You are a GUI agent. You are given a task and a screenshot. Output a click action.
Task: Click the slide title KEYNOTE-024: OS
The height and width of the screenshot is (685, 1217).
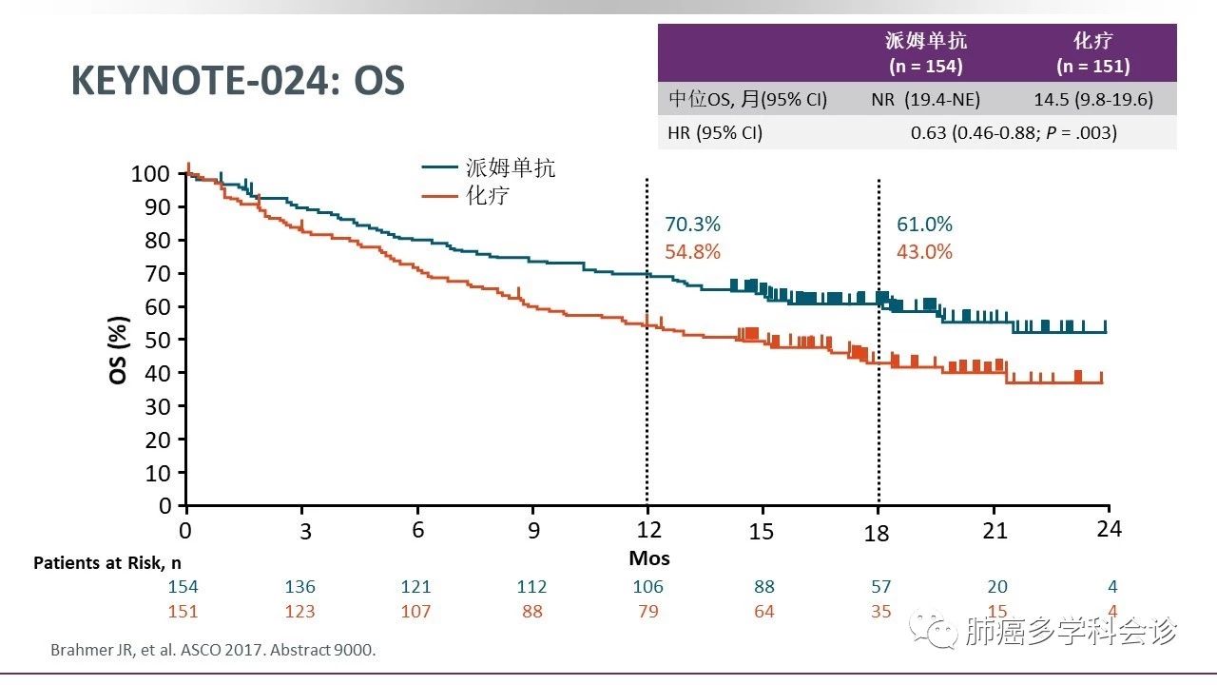[238, 82]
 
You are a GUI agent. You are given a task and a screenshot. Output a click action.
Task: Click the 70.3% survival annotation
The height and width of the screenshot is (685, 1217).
[692, 225]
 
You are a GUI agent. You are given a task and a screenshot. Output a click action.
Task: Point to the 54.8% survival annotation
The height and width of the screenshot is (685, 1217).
[692, 252]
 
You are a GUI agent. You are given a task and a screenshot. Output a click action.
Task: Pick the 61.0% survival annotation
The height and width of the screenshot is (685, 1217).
[924, 225]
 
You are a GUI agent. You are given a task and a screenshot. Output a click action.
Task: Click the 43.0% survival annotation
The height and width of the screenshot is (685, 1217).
[924, 252]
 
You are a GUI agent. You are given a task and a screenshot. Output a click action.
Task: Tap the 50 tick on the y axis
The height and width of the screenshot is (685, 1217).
[160, 340]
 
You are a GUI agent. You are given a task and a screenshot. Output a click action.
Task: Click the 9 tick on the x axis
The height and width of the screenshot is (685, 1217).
[533, 531]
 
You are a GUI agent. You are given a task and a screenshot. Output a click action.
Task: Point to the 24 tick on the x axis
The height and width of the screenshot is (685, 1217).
[1109, 529]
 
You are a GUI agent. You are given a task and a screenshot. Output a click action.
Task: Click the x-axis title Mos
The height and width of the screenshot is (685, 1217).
[649, 558]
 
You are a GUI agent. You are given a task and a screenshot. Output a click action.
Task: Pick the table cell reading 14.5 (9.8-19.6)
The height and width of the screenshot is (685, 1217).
[1092, 99]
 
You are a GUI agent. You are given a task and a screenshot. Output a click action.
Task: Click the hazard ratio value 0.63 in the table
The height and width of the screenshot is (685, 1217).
[929, 132]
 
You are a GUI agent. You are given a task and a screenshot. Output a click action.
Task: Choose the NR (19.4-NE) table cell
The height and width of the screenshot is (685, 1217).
[925, 99]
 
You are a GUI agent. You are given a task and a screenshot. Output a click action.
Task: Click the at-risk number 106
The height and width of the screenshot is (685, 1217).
[648, 587]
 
